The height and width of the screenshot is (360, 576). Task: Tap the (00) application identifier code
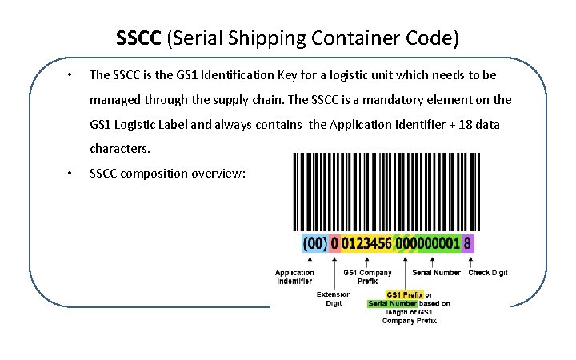point(314,242)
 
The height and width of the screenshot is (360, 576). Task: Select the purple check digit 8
point(468,242)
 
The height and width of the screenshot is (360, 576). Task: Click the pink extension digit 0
point(334,242)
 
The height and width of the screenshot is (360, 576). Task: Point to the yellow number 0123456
point(366,242)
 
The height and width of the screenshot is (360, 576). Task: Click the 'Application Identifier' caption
point(294,276)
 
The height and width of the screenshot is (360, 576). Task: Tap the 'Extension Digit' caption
point(334,298)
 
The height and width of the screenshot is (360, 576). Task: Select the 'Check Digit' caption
point(488,272)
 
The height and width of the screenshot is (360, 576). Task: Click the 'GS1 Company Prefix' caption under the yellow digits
point(368,276)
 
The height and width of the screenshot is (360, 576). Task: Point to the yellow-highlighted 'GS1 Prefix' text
point(405,294)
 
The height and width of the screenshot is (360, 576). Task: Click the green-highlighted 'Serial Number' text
point(392,303)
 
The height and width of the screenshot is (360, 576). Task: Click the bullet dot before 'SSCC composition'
point(70,174)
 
